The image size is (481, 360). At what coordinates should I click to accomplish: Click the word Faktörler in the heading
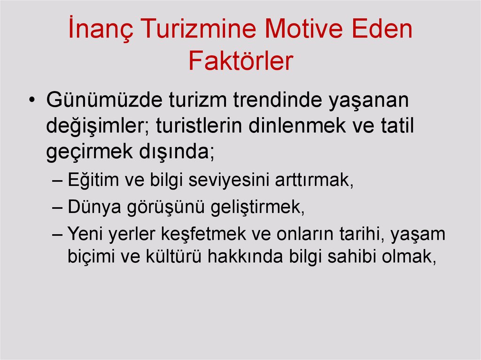(x=240, y=61)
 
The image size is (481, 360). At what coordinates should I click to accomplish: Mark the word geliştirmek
(x=257, y=207)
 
